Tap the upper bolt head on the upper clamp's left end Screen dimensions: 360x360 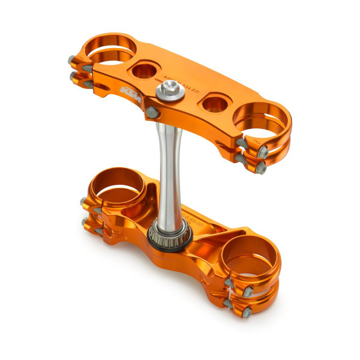click(x=73, y=60)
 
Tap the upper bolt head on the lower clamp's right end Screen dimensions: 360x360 click(x=229, y=281)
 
